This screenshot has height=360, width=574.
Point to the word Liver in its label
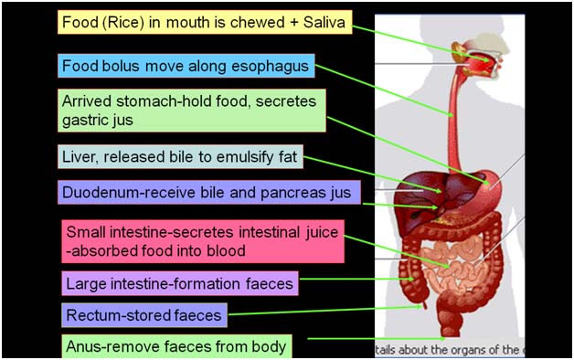coord(80,157)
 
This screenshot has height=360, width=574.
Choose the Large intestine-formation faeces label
coord(180,283)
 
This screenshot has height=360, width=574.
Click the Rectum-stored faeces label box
coord(145,316)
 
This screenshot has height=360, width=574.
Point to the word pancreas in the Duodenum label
coord(286,193)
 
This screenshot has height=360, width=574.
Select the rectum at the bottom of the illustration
coord(452,320)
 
